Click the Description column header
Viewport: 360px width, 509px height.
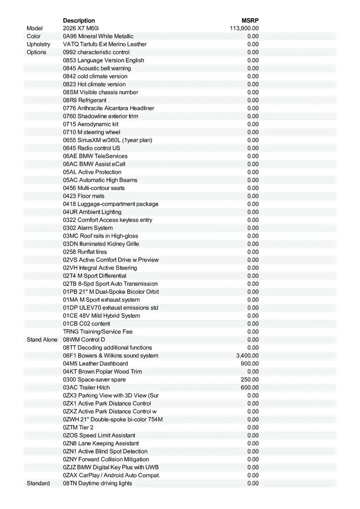coord(79,20)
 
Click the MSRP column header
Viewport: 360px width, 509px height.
coord(250,20)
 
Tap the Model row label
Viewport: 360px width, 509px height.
coord(35,28)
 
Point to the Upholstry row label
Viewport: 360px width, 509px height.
coord(38,44)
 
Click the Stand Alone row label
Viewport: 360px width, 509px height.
coord(42,340)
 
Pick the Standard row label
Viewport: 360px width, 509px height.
coord(38,484)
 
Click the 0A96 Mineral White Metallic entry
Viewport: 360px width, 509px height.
coord(98,36)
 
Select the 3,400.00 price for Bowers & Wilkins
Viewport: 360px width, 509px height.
coord(247,356)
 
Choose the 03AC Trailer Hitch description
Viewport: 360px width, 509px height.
coord(86,388)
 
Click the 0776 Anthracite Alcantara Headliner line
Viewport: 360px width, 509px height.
coord(109,108)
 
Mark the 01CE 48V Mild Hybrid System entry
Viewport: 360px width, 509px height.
coord(101,316)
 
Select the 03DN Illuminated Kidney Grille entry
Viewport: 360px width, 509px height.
coord(101,244)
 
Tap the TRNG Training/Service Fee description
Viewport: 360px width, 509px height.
coord(98,332)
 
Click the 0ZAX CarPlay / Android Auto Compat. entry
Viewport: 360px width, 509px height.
coord(112,475)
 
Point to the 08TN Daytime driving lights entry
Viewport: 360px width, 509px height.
coord(98,484)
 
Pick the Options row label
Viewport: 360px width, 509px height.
coord(37,52)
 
